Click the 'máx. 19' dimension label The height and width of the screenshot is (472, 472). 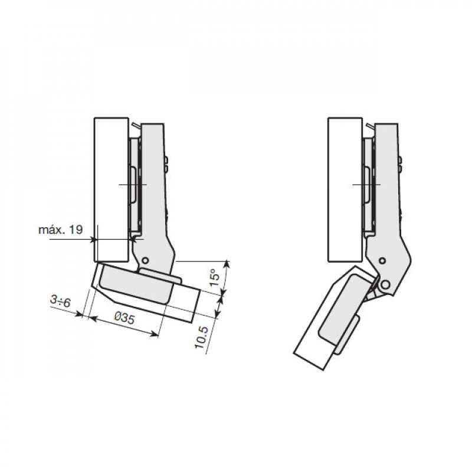61,230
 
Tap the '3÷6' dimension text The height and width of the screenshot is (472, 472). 60,301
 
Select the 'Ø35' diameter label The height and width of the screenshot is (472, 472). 124,317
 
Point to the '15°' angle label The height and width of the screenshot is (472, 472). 215,277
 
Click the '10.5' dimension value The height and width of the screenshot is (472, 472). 201,337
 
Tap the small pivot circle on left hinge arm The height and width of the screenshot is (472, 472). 145,260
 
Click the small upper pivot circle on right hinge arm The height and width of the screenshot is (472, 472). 382,260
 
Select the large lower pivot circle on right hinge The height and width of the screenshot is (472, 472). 385,284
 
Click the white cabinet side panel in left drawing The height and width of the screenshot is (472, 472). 112,189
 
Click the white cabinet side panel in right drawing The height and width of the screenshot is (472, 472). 345,189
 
